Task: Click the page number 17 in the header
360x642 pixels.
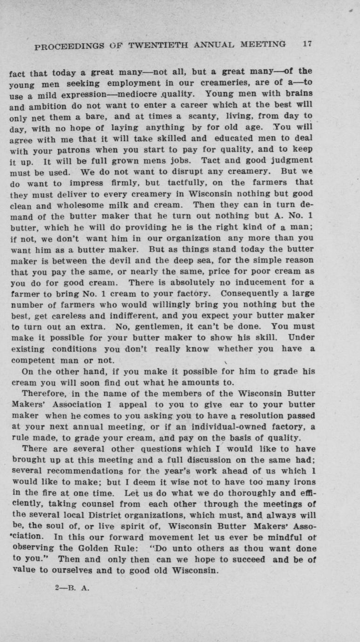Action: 306,44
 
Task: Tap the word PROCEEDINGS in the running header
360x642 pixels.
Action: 64,47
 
